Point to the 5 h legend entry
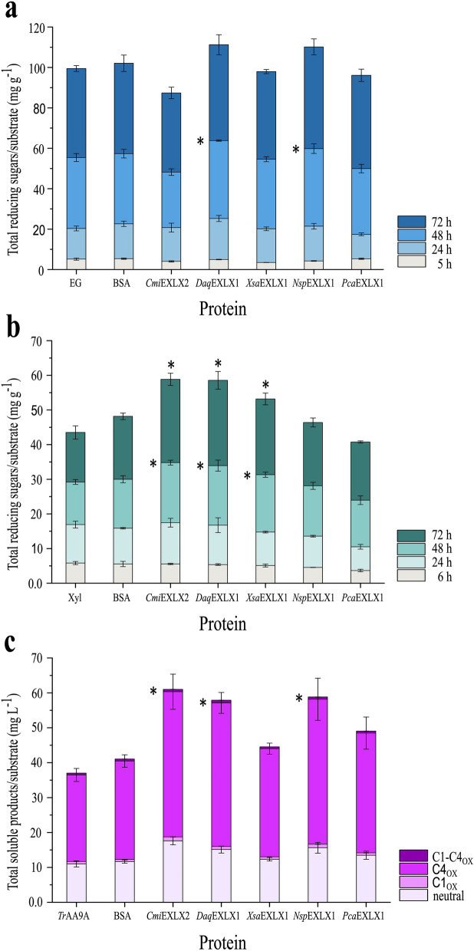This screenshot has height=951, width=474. click(433, 259)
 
